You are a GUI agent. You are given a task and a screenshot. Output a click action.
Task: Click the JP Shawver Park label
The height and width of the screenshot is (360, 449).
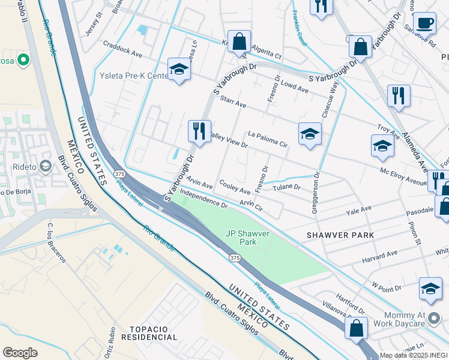248,238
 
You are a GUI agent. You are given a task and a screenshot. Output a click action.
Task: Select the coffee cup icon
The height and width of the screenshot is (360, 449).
424,23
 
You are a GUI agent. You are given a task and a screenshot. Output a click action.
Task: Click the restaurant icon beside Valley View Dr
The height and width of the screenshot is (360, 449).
199,130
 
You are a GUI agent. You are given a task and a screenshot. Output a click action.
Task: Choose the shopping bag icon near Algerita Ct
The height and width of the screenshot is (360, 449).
239,42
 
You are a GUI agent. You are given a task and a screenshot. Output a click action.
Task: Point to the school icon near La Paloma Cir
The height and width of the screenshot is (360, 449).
310,133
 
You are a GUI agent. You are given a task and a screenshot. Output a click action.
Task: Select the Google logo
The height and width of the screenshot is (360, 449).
20,353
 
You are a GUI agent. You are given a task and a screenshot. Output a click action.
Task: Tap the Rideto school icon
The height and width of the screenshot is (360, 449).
46,166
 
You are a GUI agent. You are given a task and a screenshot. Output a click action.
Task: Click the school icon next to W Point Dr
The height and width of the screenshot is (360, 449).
430,289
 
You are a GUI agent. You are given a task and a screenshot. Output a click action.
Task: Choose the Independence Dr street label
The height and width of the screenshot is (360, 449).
203,200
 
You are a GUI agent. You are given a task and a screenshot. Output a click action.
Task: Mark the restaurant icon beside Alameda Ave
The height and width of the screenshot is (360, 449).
399,95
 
